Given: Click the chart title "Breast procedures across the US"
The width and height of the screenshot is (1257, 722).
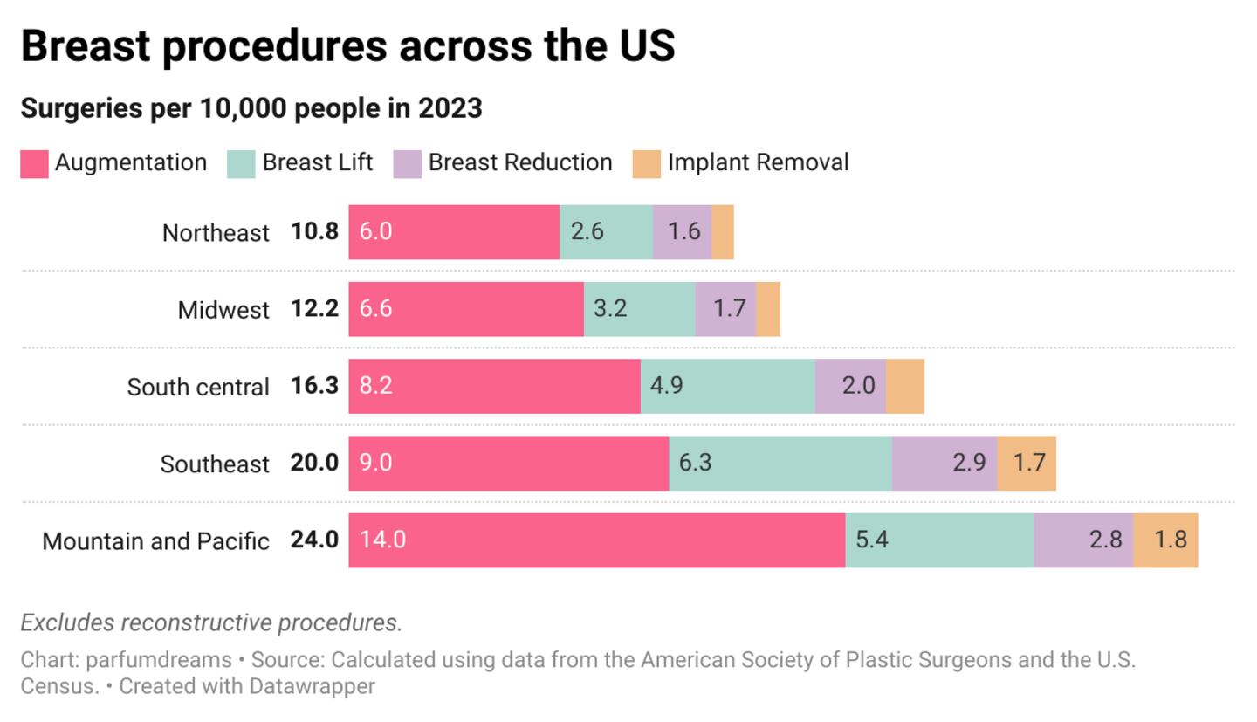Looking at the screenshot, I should click(x=347, y=45).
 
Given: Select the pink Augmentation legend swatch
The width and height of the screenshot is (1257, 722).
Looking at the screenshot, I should click(x=34, y=164).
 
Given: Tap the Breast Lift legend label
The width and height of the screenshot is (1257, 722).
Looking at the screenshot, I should click(x=317, y=163).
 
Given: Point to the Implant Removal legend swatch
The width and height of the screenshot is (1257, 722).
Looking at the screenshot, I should click(x=646, y=164).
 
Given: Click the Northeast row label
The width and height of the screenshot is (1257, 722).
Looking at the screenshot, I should click(x=216, y=233).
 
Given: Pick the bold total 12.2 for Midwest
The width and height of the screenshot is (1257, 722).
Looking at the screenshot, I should click(x=314, y=309).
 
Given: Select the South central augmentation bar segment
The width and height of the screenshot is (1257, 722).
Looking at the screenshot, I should click(x=494, y=386).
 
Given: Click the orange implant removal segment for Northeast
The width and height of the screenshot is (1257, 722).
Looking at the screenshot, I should click(x=723, y=232).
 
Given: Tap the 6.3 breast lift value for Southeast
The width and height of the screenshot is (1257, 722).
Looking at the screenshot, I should click(x=695, y=463).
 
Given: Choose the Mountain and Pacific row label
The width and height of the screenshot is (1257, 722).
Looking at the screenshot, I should click(x=155, y=541).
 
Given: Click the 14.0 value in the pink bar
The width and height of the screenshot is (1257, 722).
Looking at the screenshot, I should click(x=382, y=540).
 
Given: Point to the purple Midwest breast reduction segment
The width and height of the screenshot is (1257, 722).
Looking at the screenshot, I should click(x=725, y=309).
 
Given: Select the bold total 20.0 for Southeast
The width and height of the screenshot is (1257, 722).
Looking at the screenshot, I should click(x=314, y=463).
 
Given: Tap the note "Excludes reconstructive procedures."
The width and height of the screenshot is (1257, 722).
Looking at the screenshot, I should click(x=211, y=622).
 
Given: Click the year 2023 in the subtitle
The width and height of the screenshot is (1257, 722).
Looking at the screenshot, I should click(x=450, y=108).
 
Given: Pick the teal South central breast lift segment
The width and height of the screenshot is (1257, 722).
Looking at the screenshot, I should click(x=728, y=386).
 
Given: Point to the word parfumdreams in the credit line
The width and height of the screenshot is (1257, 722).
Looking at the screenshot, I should click(x=159, y=660).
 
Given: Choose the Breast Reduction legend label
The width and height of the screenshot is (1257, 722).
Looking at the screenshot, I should click(x=520, y=163).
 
